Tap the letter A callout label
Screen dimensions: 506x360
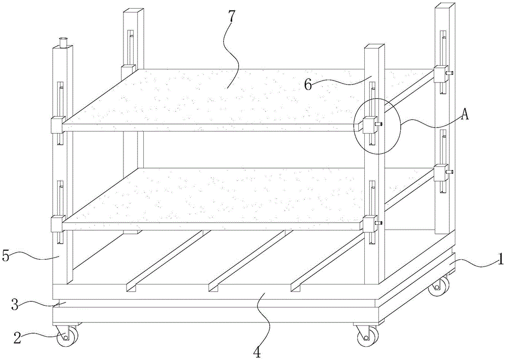point(464,113)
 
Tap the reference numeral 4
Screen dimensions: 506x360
point(257,353)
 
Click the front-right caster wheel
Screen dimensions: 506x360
point(368,336)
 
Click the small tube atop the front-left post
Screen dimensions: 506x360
point(64,43)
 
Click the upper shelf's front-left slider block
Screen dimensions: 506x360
point(58,125)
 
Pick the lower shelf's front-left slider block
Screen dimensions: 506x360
point(58,224)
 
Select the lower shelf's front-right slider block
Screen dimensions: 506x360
point(370,224)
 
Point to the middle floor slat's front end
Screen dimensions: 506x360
point(213,288)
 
